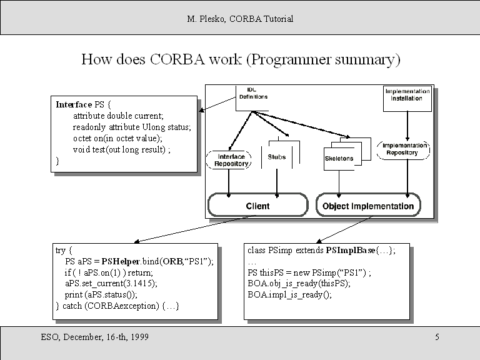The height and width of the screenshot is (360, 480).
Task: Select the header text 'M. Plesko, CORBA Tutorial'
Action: click(x=240, y=19)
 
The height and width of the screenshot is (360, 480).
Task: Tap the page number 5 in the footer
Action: click(x=437, y=337)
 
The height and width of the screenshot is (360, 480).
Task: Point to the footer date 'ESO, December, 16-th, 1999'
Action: click(x=95, y=337)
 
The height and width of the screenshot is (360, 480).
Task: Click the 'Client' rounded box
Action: click(x=257, y=206)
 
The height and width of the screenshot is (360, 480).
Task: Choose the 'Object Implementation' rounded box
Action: click(x=368, y=206)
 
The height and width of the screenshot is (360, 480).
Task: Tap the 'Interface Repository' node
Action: click(x=229, y=160)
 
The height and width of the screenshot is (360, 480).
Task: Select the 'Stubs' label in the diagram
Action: click(x=276, y=157)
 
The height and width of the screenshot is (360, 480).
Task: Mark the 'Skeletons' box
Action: click(x=339, y=159)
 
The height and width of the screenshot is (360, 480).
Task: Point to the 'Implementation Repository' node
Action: click(x=405, y=149)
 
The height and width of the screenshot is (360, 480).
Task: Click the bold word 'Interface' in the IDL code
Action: click(x=74, y=104)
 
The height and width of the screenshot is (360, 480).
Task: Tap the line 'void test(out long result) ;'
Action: click(x=121, y=149)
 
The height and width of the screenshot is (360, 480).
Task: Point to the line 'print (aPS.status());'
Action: click(x=101, y=294)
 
